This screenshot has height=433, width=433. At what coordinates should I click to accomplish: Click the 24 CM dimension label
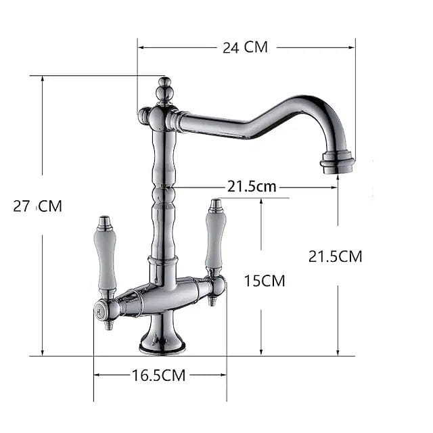[246, 47]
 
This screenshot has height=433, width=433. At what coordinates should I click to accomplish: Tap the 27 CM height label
[38, 206]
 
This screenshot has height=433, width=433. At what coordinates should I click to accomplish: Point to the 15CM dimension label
[265, 280]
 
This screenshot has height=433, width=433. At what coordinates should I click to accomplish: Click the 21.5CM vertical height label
[335, 256]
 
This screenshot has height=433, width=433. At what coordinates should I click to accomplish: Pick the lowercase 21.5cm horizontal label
[252, 187]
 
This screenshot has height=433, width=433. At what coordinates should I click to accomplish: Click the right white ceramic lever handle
[215, 240]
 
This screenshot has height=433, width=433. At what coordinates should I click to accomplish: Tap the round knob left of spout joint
[144, 116]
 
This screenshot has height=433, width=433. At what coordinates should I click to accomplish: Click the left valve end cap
[99, 311]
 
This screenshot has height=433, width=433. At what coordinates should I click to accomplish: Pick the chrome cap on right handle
[216, 204]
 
